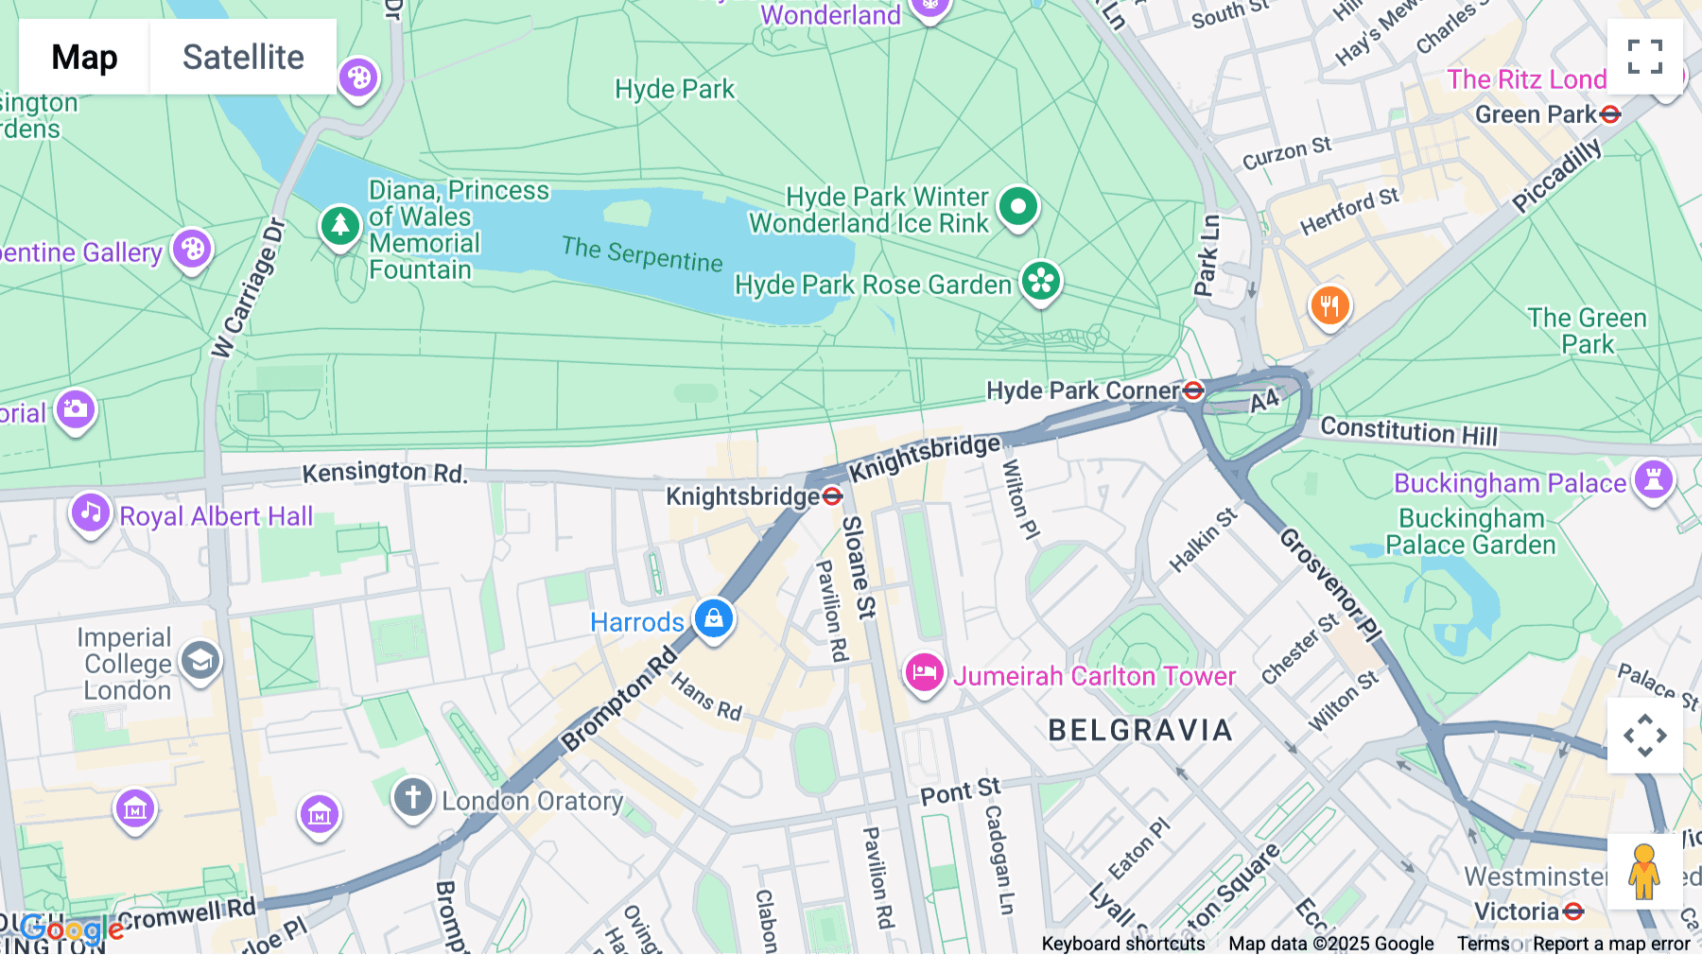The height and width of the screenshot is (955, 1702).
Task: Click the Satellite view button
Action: [x=243, y=57]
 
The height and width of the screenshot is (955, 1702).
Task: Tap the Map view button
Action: [x=84, y=57]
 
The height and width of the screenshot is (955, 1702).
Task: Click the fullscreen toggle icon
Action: [x=1644, y=57]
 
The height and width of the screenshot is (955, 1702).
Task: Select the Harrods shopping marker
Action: [x=714, y=618]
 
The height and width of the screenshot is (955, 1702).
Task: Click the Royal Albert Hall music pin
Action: [x=91, y=512]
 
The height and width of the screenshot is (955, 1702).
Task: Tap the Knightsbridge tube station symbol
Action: [x=832, y=496]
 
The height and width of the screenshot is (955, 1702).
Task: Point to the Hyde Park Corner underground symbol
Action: [x=1193, y=390]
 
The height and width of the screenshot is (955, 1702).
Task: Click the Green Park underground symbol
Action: [x=1610, y=114]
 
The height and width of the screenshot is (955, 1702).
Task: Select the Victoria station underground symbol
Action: [x=1573, y=912]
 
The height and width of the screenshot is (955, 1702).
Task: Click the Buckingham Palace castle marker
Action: [x=1654, y=478]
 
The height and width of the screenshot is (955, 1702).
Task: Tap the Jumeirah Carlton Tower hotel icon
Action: [x=924, y=672]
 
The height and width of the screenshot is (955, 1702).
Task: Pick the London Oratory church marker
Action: [x=413, y=797]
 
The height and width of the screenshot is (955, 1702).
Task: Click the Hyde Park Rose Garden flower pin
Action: [x=1041, y=281]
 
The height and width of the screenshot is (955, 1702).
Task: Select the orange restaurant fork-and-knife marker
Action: [x=1329, y=304]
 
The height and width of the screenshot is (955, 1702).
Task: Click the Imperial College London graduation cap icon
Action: [x=200, y=660]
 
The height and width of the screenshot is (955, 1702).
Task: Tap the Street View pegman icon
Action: [x=1644, y=871]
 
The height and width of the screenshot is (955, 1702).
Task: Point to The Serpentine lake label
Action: [x=642, y=253]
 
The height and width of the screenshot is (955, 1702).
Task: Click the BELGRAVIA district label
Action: [x=1140, y=730]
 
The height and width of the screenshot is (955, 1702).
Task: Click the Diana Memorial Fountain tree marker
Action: [x=339, y=225]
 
